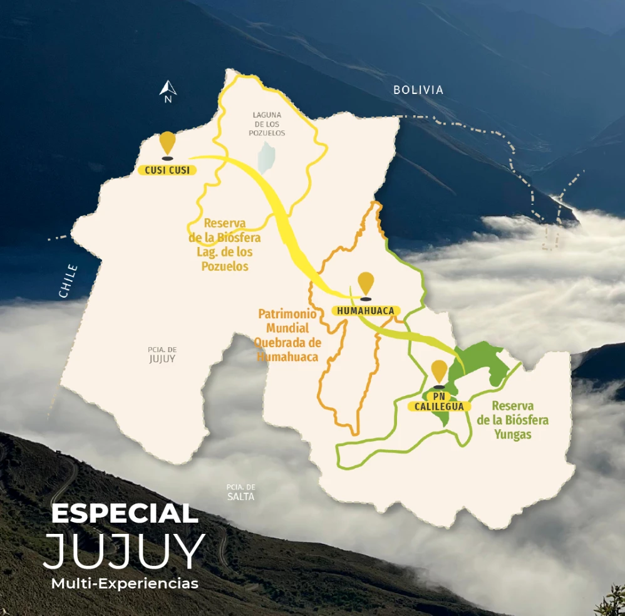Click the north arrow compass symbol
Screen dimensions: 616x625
167,90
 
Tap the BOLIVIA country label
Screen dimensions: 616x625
418,90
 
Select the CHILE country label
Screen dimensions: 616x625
68,281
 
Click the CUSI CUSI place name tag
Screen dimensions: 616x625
167,170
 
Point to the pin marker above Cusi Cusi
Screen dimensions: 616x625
167,144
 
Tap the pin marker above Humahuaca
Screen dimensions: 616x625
365,285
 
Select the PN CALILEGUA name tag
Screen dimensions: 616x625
439,402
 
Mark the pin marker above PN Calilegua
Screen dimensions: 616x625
439,372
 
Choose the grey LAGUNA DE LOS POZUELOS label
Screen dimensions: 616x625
267,124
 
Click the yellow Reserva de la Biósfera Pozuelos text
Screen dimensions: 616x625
224,245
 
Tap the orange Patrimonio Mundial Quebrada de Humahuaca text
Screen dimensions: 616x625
288,335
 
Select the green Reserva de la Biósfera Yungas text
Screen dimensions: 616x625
512,420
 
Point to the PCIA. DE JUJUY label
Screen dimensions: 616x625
162,354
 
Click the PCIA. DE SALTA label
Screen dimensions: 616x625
241,492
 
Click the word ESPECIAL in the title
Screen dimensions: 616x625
125,514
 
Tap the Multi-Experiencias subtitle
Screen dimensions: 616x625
125,583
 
